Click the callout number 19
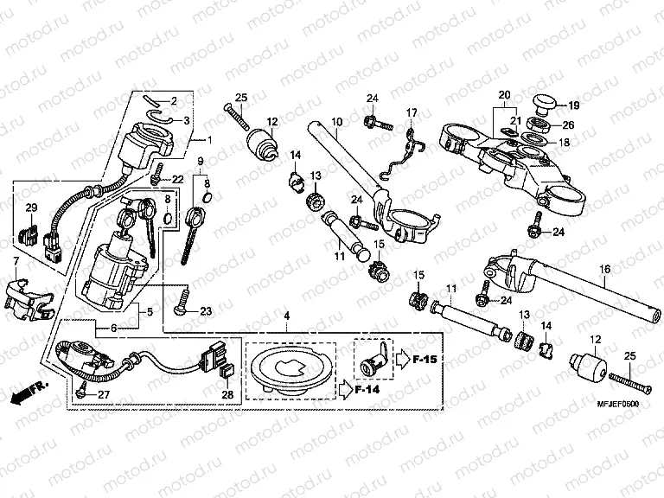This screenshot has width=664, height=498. click(x=574, y=105)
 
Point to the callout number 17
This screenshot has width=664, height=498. click(x=412, y=112)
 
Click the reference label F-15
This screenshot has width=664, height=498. click(x=425, y=355)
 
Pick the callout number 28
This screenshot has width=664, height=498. click(x=227, y=394)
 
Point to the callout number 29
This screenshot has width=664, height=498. click(x=31, y=207)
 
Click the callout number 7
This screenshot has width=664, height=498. click(x=15, y=260)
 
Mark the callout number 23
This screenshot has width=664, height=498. click(x=205, y=311)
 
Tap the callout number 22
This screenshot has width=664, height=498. click(x=178, y=179)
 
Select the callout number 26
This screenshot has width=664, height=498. click(x=568, y=124)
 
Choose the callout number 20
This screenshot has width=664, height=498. click(x=505, y=93)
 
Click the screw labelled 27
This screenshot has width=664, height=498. click(x=82, y=392)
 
